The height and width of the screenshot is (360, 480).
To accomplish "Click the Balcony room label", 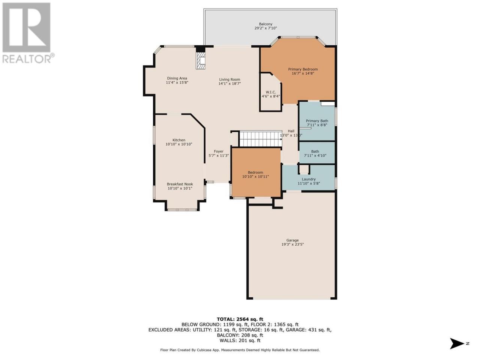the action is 266,24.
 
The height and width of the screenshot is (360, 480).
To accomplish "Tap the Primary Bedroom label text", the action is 303,69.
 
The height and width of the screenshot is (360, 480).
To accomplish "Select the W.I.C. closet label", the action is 271,92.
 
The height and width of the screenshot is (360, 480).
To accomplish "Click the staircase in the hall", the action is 261,139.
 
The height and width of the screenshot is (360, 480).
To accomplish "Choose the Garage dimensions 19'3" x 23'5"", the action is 292,244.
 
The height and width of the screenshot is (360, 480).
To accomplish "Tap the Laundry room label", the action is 309,179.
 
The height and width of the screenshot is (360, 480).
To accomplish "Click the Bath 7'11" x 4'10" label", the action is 315,153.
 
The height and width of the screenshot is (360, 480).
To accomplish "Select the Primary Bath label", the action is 317,121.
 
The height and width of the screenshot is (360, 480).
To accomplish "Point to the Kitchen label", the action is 179,140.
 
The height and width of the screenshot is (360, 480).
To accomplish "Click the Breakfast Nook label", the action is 180,184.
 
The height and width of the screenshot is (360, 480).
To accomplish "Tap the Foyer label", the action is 219,151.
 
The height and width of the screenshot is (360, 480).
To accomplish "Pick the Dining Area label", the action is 177,78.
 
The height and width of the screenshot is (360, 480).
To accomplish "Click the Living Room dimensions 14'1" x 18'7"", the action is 229,84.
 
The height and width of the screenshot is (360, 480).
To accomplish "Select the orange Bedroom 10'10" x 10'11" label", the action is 255,174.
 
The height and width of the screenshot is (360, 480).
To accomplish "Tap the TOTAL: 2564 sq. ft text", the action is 240,319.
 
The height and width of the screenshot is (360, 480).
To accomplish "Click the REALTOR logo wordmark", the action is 28,58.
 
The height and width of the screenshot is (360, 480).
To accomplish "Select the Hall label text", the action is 291,131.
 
